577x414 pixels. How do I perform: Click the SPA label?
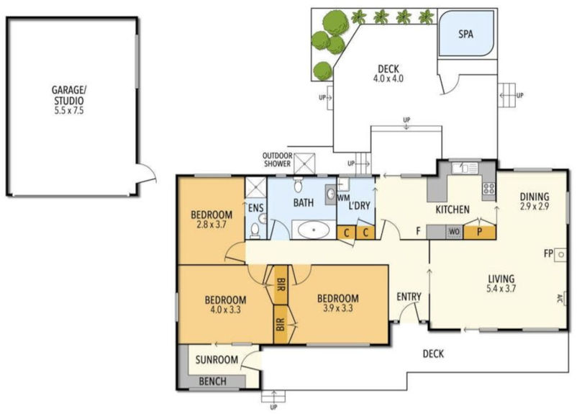(465, 33)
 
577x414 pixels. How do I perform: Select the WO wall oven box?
(453, 231)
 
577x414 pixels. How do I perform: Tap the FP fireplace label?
(548, 254)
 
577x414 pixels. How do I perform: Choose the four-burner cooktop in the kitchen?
(488, 189)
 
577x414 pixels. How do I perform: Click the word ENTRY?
(409, 297)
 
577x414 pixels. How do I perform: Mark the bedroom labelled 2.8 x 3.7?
(212, 220)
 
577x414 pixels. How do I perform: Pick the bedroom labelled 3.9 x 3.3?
(337, 303)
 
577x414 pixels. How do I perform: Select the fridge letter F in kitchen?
(417, 231)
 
